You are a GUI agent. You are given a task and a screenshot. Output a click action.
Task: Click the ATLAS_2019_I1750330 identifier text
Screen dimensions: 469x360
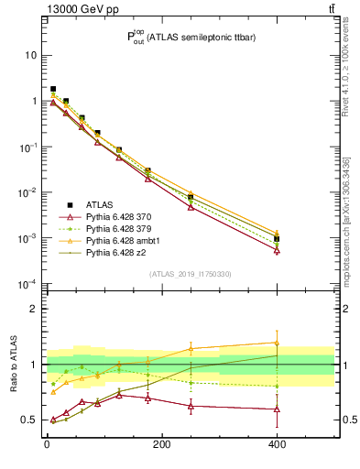tap(190, 274)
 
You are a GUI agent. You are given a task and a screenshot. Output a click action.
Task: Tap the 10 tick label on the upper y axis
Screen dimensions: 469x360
tap(29, 55)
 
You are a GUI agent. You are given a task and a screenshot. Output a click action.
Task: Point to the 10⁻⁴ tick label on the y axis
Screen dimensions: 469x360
tap(27, 284)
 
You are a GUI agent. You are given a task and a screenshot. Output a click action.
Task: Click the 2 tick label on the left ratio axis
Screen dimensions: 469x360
tap(33, 309)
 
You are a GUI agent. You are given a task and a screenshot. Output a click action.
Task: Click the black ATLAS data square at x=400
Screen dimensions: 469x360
tap(277, 239)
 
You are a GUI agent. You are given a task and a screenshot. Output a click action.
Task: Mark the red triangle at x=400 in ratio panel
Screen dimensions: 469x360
tap(277, 409)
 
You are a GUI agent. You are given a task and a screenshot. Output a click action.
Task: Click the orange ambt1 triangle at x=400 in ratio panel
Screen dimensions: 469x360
tap(277, 343)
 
